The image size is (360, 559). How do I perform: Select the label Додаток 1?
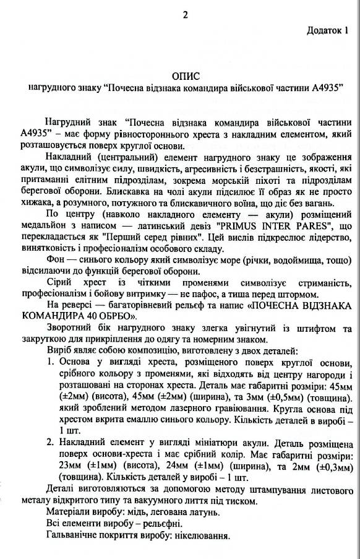click(332, 29)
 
